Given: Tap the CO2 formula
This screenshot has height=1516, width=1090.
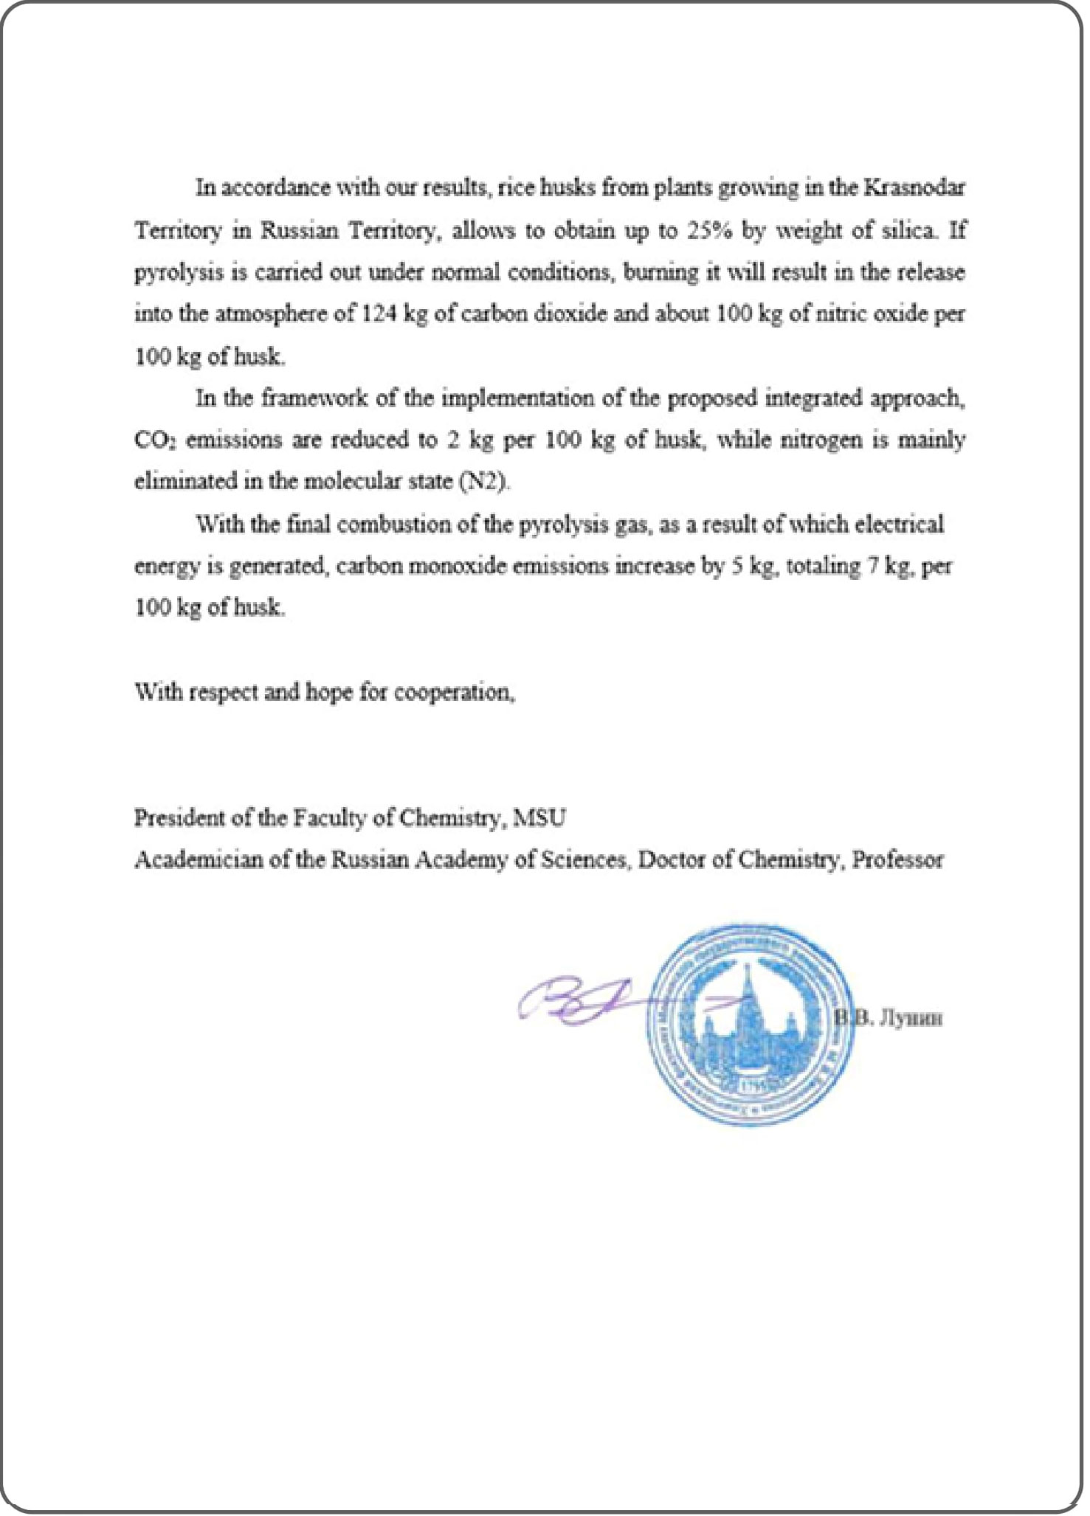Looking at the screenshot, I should (x=156, y=441).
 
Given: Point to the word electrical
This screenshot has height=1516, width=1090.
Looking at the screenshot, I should (x=899, y=525).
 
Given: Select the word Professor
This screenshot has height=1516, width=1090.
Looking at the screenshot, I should (x=897, y=860).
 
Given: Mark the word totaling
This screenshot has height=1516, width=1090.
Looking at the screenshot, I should (x=824, y=567).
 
